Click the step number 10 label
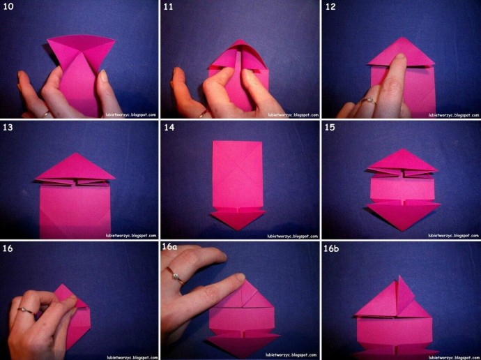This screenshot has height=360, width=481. pyautogui.click(x=8, y=6)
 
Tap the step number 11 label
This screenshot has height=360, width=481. pyautogui.click(x=168, y=6)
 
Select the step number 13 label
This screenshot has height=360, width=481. pyautogui.click(x=8, y=127)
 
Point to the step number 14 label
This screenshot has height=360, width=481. pyautogui.click(x=169, y=127)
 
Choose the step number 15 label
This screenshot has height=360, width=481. pyautogui.click(x=330, y=127)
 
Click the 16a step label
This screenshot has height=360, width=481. pyautogui.click(x=169, y=247)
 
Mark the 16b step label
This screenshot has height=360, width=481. pyautogui.click(x=331, y=248)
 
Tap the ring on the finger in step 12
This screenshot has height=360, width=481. pyautogui.click(x=369, y=101)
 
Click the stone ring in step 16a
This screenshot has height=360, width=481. pyautogui.click(x=176, y=276)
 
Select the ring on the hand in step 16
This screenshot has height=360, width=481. pyautogui.click(x=25, y=311)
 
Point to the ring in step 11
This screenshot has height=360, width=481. pyautogui.click(x=203, y=114)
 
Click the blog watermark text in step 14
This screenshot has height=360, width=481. pyautogui.click(x=292, y=237)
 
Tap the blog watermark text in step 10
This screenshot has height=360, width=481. pyautogui.click(x=131, y=115)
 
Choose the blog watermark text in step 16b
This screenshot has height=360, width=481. pyautogui.click(x=453, y=357)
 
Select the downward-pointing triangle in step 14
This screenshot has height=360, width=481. pyautogui.click(x=237, y=220)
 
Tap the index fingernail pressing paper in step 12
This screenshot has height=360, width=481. pyautogui.click(x=400, y=59)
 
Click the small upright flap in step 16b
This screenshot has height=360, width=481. pyautogui.click(x=404, y=295)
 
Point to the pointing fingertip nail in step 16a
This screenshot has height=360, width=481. pyautogui.click(x=240, y=278)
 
